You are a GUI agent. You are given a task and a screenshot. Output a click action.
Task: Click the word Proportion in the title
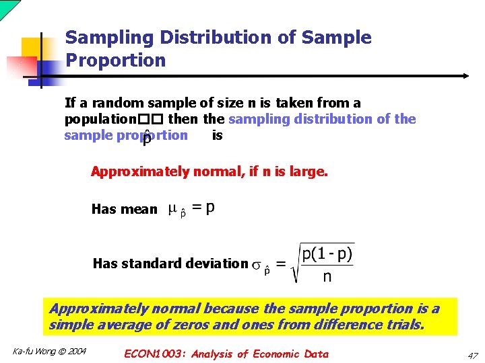point(115,61)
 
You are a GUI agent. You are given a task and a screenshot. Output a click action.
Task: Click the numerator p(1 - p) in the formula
point(327,255)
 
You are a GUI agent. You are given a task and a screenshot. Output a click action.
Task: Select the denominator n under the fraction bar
point(327,276)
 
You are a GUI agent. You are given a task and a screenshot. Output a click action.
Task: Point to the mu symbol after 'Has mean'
point(172,210)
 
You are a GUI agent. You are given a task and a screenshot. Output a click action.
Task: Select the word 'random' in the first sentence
point(113,103)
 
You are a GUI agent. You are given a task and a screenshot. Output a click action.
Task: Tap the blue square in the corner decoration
point(48,70)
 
